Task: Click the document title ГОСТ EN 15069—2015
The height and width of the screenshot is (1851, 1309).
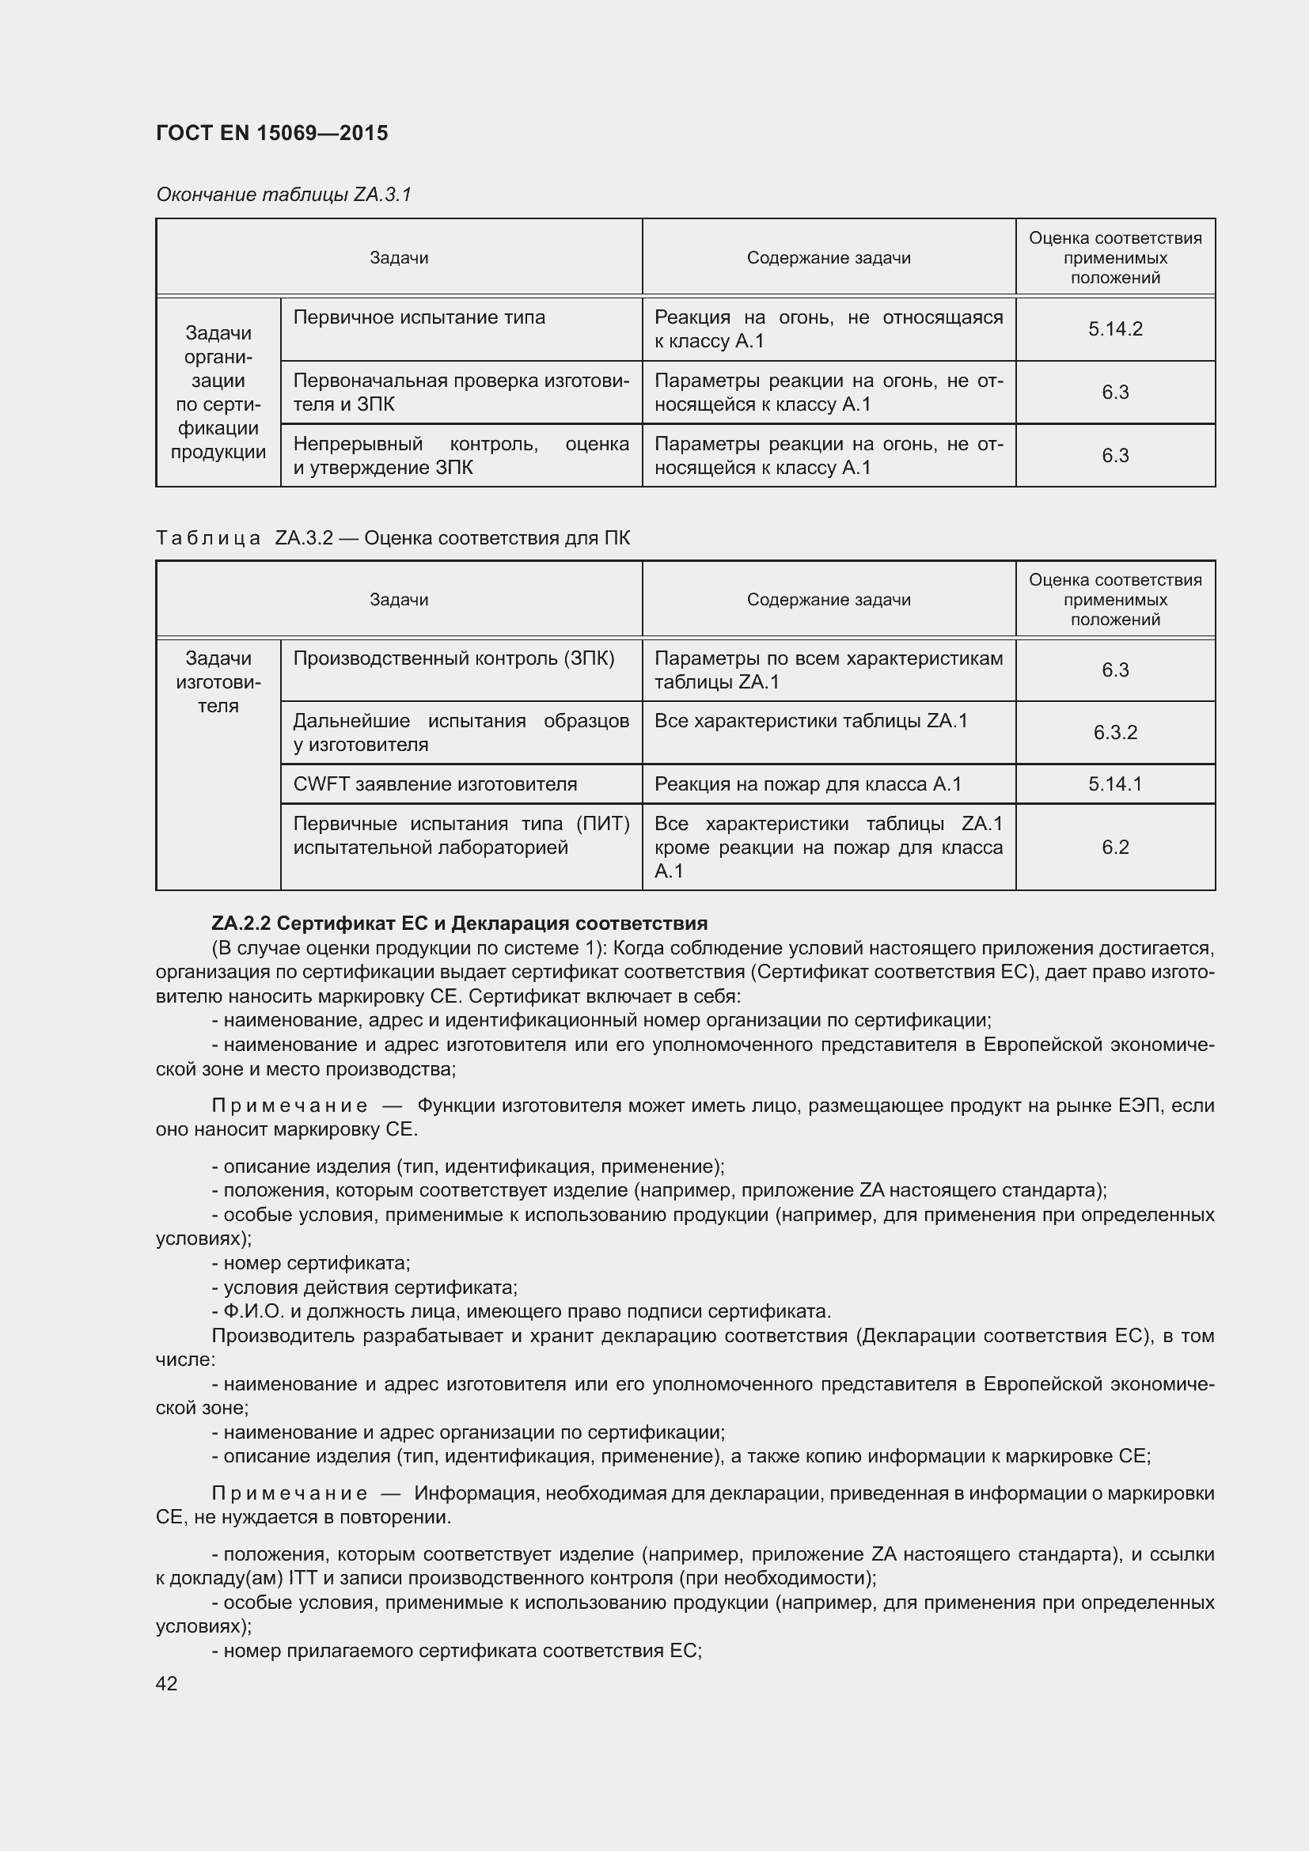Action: click(x=271, y=133)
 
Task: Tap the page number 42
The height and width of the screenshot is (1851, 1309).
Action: click(x=167, y=1683)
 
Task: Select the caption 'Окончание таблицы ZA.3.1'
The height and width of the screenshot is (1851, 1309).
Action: click(x=284, y=195)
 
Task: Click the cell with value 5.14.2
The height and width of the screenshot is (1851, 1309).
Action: click(x=1115, y=329)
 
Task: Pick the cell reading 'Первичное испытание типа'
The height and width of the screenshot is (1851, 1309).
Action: click(x=419, y=317)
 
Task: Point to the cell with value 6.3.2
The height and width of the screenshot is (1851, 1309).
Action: click(x=1115, y=732)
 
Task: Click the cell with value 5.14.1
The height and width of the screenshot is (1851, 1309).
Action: click(x=1115, y=783)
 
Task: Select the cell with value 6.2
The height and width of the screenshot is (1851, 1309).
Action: click(x=1115, y=847)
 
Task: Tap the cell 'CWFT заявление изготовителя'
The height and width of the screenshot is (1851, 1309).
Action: click(x=435, y=783)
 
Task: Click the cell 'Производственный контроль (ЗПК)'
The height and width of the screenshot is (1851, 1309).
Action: click(x=453, y=658)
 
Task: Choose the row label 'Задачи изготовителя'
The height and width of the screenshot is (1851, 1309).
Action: click(x=218, y=682)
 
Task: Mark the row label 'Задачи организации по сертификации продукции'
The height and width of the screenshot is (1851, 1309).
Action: click(x=218, y=392)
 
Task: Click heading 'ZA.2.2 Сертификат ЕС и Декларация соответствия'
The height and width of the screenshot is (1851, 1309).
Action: click(x=460, y=923)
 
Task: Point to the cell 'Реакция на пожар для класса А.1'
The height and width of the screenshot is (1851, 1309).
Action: click(x=808, y=783)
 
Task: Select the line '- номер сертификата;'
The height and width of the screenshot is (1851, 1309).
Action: click(x=311, y=1262)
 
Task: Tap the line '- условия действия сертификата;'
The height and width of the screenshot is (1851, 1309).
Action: click(x=364, y=1287)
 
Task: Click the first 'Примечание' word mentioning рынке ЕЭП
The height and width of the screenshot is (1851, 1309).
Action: click(x=290, y=1106)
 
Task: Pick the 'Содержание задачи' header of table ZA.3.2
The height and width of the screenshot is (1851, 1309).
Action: click(x=828, y=600)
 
